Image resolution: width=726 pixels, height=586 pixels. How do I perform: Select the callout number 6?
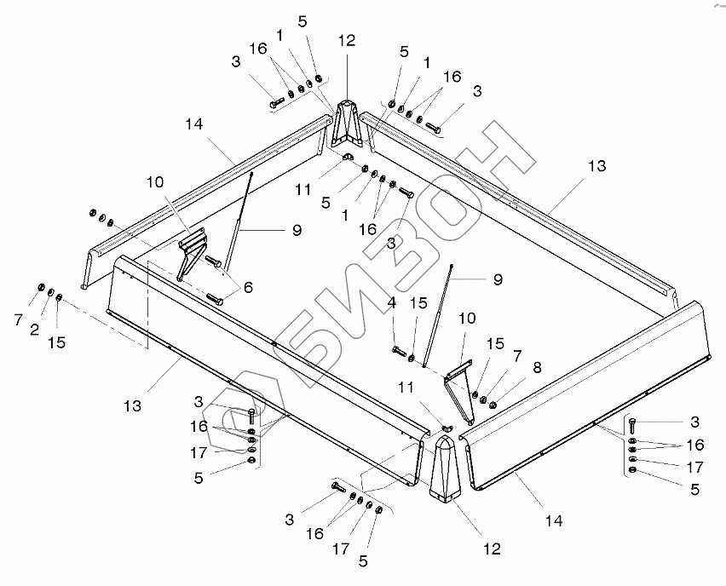(x=248, y=288)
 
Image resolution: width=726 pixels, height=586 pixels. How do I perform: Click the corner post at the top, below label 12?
(x=345, y=124)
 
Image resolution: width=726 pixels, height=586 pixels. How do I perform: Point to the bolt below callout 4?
(x=399, y=349)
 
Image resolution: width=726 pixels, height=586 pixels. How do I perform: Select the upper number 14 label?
(x=193, y=124)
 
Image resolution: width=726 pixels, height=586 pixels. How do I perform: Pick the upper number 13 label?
(x=596, y=165)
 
